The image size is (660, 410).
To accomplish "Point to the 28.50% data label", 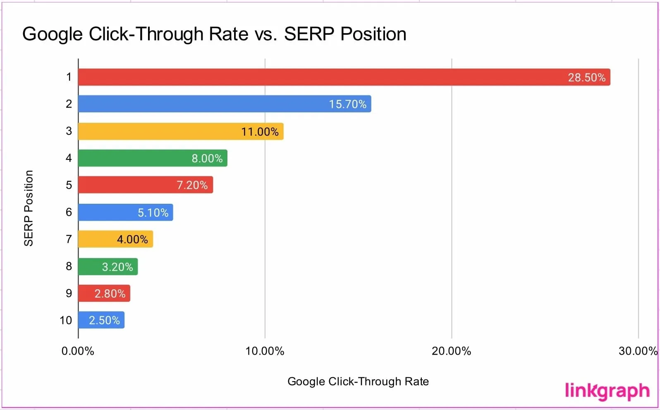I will pos(586,78).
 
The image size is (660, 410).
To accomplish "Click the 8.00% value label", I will pos(207,158).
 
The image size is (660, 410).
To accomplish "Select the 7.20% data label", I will pos(192,185).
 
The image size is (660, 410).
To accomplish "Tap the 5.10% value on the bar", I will pos(153,212).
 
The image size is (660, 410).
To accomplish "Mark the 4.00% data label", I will pos(132,239).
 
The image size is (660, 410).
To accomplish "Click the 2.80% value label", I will pos(110,293).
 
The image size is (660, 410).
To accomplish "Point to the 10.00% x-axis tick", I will pos(265,351).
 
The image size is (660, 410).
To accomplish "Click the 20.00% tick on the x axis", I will pos(451,351).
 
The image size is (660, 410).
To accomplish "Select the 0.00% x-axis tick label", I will pos(78,351).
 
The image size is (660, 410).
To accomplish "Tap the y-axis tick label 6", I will pos(69,212).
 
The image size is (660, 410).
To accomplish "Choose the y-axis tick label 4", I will pos(69,158).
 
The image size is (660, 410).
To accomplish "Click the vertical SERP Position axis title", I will pos(28,208).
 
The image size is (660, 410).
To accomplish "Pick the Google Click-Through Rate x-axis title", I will pos(358,381).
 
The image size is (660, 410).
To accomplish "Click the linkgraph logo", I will pos(607,391).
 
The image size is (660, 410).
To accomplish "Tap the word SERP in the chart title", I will pos(309,34).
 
